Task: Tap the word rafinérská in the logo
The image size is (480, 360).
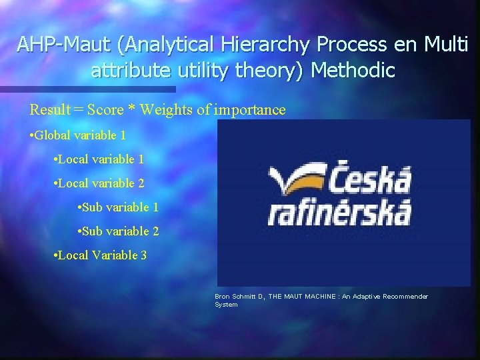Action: click(x=340, y=213)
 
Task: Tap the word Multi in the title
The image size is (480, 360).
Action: click(x=447, y=45)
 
